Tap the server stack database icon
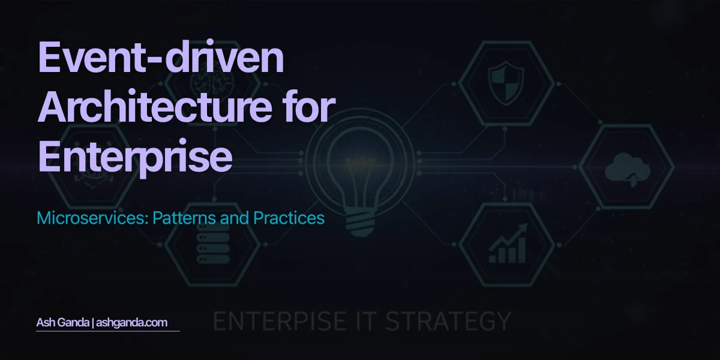click(x=212, y=244)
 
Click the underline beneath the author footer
click(x=108, y=331)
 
